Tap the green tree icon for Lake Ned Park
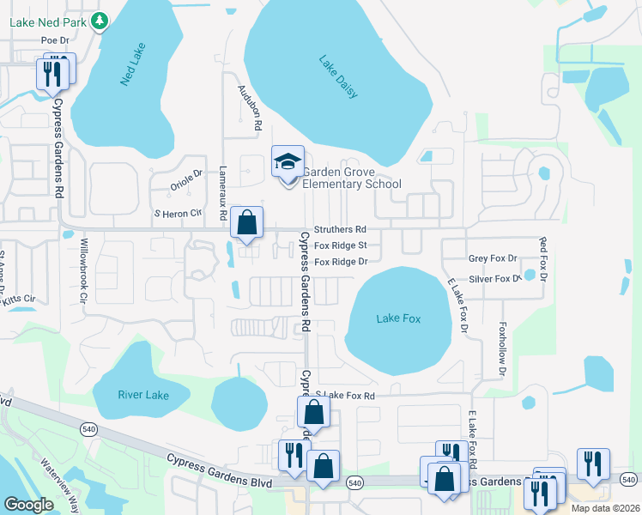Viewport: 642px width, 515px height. (100, 19)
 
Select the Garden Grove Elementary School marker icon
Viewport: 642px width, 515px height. (288, 161)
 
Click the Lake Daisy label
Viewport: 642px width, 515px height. (338, 77)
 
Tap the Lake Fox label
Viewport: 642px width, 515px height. (399, 318)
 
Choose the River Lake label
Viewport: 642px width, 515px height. (142, 395)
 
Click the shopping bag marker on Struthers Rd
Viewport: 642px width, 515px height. (246, 223)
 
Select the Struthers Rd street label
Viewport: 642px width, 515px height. (340, 230)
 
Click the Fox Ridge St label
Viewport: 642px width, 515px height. (340, 245)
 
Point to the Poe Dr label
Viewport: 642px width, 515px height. (54, 39)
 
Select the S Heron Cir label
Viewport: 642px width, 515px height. (177, 212)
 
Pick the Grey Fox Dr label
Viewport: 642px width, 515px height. (494, 258)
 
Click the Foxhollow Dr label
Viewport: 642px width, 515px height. (502, 349)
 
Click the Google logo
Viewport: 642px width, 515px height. (28, 505)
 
